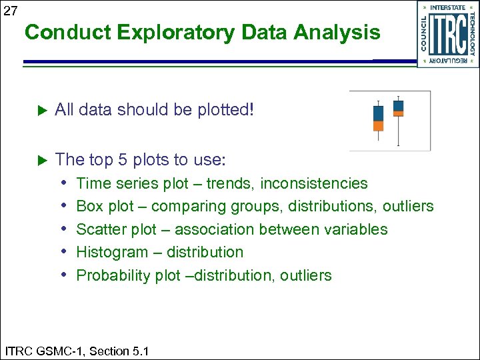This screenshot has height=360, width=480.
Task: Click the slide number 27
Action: point(10,11)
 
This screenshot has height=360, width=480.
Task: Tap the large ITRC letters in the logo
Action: point(447,35)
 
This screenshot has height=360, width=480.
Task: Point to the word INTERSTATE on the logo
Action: point(448,7)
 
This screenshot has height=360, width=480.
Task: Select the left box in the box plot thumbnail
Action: point(378,118)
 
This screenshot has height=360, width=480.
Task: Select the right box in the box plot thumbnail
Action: point(399,109)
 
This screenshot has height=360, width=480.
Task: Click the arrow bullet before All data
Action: point(39,110)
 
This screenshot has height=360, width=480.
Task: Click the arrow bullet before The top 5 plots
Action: point(39,161)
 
